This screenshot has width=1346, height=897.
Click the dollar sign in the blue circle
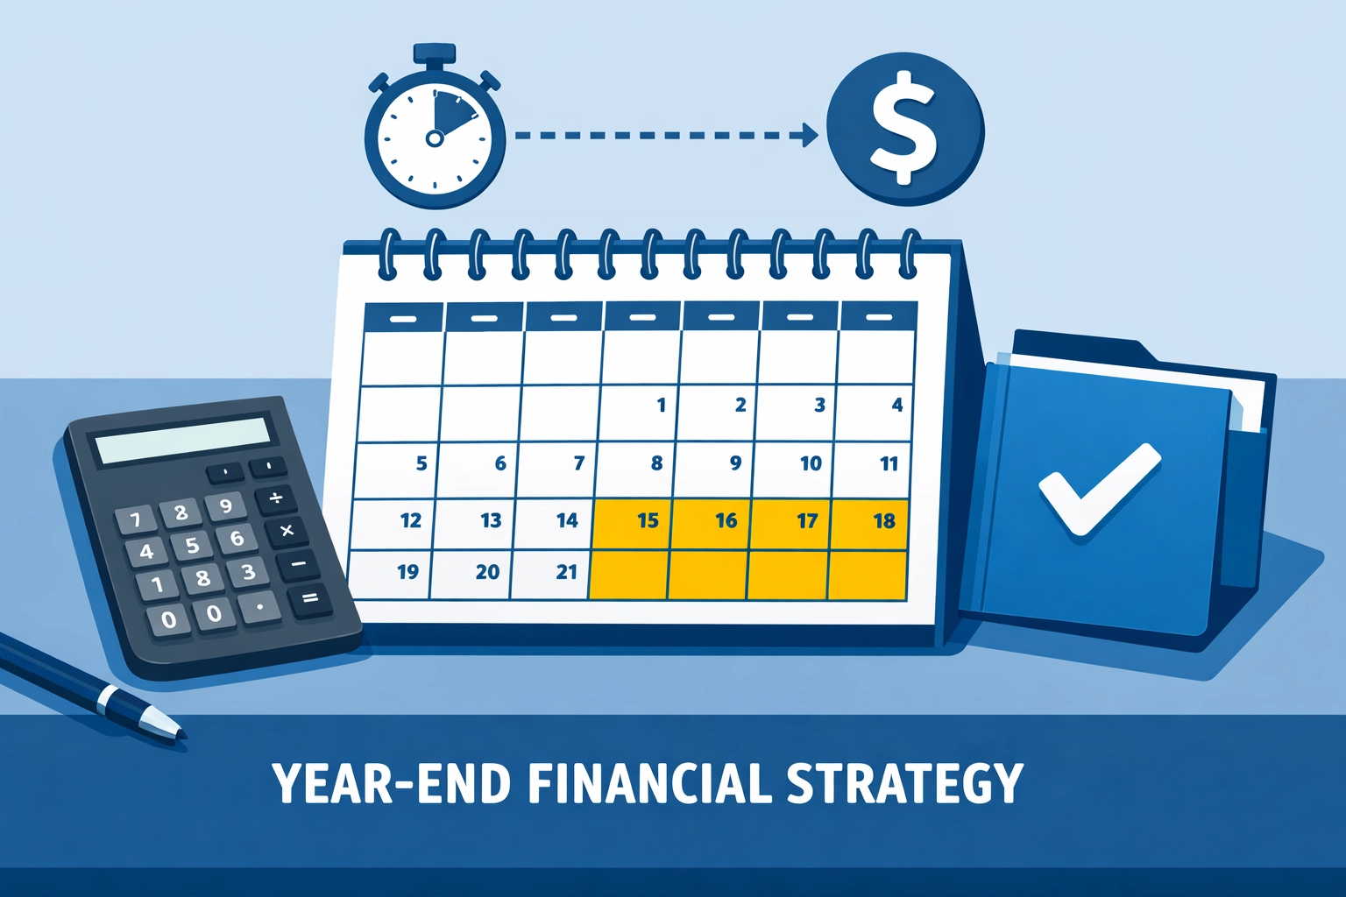point(903,130)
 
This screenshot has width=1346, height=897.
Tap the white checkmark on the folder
point(1097,487)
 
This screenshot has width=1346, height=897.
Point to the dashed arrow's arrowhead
point(807,136)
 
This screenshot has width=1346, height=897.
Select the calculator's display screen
point(183,440)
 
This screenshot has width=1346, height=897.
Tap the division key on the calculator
point(275,498)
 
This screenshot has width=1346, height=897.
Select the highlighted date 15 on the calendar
point(648,521)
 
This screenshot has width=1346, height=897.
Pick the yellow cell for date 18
point(884,521)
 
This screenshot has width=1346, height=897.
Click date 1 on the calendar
point(661,405)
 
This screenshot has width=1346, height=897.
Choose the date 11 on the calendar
point(889,463)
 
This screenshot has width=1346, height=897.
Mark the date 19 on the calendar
point(407,572)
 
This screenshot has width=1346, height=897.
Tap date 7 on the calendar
point(578,463)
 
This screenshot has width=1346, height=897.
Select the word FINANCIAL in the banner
point(649,783)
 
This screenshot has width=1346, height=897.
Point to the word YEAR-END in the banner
point(392,783)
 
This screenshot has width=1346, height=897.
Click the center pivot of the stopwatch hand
point(434,138)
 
